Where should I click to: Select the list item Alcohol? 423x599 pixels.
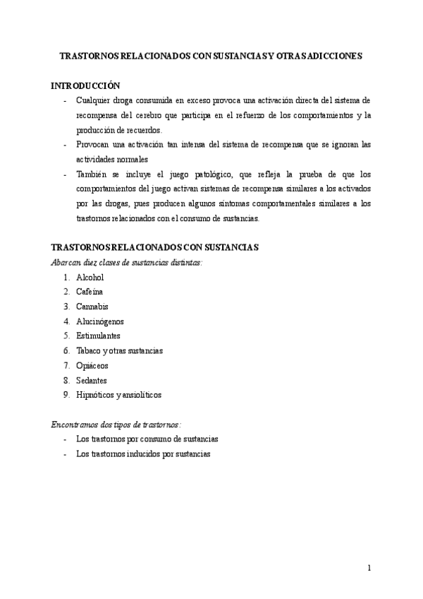[90, 278]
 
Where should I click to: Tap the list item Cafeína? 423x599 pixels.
[90, 292]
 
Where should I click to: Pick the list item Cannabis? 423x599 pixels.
[92, 307]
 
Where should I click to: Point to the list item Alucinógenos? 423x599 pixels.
[99, 321]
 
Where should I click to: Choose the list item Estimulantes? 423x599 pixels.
[98, 336]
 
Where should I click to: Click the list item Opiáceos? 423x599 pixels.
[92, 365]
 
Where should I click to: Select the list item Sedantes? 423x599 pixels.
[91, 380]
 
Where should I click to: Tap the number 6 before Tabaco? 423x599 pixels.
[66, 350]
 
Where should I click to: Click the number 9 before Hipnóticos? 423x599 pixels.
[66, 395]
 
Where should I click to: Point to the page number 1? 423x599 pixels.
[369, 568]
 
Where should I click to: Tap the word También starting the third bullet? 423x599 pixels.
[92, 174]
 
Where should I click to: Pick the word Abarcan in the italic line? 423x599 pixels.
[65, 262]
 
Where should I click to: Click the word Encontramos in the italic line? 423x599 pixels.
[73, 425]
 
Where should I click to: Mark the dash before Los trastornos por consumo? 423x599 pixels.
[65, 439]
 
